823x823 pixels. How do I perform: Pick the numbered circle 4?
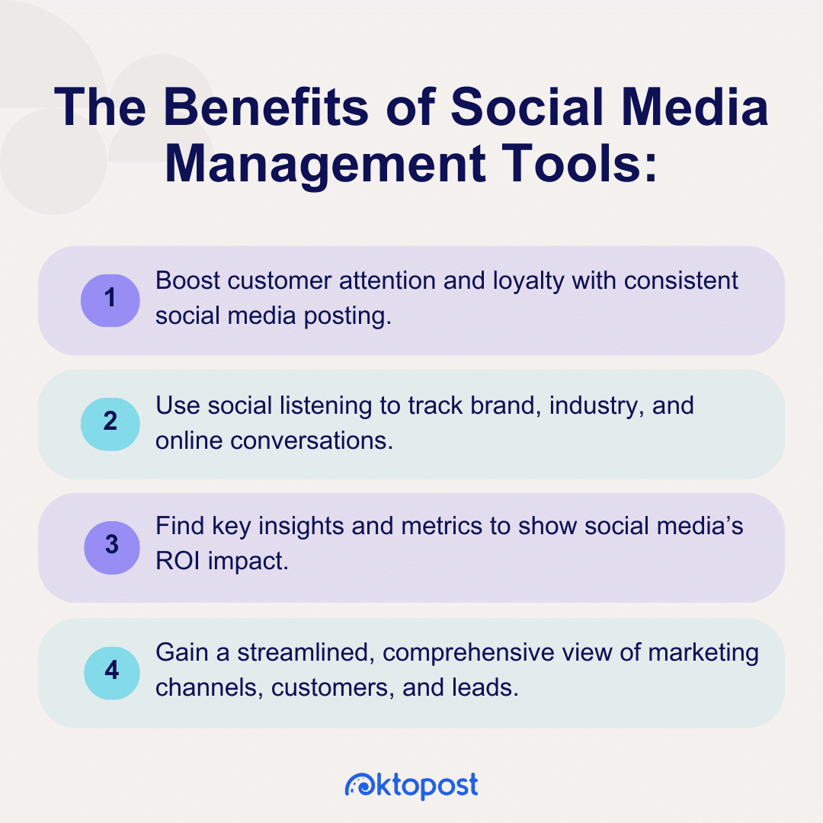(x=110, y=671)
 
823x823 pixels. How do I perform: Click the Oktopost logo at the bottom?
(x=411, y=785)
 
